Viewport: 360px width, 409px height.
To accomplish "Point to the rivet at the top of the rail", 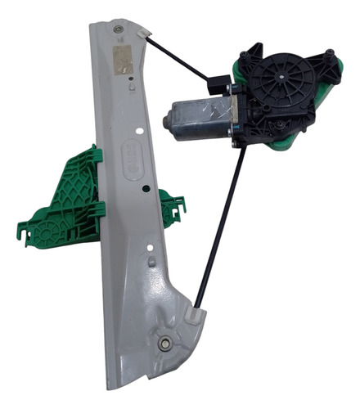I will coord(119,30).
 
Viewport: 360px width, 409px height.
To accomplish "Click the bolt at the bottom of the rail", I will coord(166,344).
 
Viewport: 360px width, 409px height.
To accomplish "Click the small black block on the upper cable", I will coord(218,82).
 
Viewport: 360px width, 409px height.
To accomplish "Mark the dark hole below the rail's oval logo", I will coord(144,187).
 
